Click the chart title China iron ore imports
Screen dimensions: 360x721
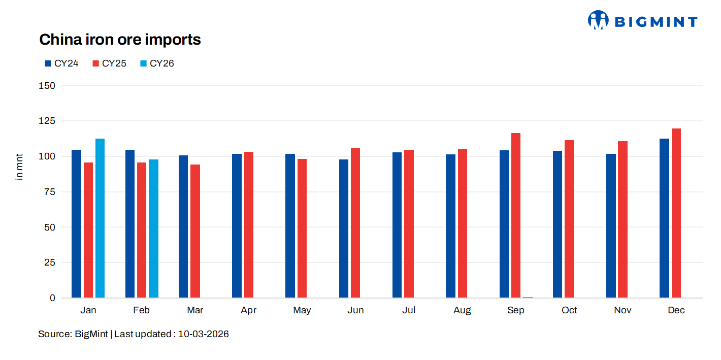(120, 40)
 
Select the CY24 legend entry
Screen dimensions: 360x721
(61, 63)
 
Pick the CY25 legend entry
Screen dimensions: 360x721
(109, 63)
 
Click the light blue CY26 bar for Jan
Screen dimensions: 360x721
(100, 218)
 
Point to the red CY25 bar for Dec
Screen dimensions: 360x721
(676, 213)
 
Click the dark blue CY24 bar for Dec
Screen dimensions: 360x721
(664, 218)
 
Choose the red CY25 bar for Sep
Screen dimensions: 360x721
(516, 215)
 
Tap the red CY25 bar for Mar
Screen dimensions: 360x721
(195, 231)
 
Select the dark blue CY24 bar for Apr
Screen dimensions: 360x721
(237, 226)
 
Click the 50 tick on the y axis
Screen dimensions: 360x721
(49, 227)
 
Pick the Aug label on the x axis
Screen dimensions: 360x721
(462, 310)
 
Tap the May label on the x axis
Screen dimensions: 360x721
(302, 310)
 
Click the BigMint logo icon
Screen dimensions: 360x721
(598, 20)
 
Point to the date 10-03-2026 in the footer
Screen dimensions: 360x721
(203, 334)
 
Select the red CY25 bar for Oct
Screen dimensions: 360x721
(569, 219)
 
